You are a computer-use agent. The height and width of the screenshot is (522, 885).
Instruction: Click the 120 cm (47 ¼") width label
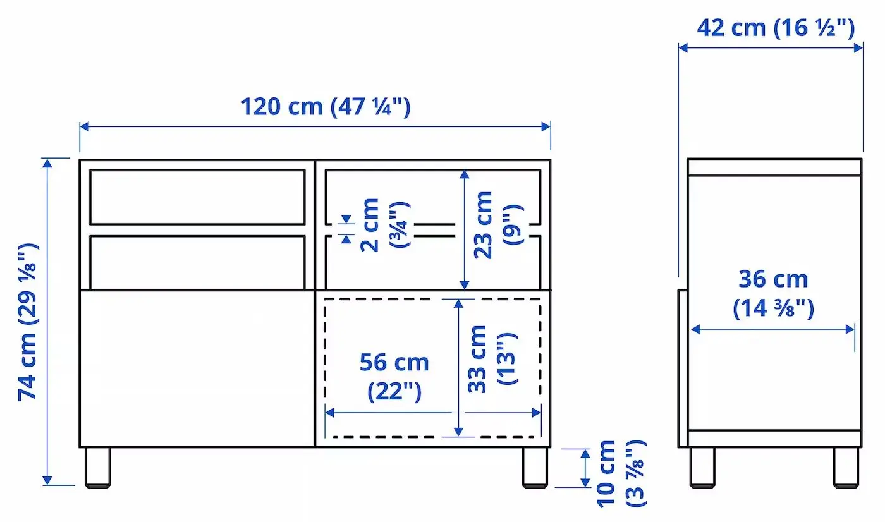click(325, 106)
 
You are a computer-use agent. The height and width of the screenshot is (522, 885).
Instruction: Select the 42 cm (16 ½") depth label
click(776, 28)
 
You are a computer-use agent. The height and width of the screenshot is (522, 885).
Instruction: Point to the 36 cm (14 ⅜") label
click(773, 294)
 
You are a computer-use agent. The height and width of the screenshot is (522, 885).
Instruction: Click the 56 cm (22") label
click(394, 377)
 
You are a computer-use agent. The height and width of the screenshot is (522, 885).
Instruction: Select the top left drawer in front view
click(197, 197)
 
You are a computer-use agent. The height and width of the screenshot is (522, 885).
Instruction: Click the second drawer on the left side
click(197, 262)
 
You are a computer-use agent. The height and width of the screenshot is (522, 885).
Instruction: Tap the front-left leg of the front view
click(97, 468)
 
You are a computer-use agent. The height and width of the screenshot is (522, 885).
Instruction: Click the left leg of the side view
click(702, 468)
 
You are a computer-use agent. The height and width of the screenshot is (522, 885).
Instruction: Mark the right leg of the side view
click(845, 468)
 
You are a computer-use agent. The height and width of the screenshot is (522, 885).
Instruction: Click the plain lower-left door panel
click(197, 368)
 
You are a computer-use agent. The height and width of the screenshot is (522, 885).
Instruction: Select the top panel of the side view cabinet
click(774, 167)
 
